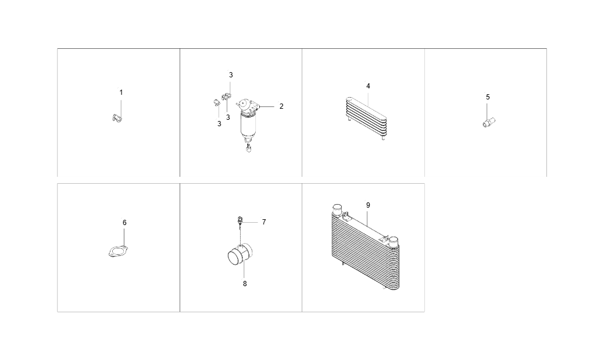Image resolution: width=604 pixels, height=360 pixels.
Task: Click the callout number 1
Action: point(121,92)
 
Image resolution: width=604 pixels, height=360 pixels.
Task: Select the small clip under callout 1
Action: point(117,119)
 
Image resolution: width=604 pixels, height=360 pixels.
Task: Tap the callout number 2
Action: point(281,106)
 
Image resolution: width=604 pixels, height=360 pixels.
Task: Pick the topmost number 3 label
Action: point(231,75)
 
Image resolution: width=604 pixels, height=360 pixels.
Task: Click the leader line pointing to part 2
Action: point(267,106)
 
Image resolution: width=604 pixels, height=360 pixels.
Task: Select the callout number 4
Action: point(368,86)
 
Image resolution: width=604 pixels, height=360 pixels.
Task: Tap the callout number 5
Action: point(488,97)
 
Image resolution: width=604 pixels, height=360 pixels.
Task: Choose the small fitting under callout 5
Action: point(488,122)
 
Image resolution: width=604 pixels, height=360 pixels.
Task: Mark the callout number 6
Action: point(124,223)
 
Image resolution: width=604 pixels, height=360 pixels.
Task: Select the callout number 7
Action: point(263,222)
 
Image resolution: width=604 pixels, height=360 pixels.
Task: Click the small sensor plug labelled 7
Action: point(239,220)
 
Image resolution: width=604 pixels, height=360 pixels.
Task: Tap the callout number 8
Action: point(245,284)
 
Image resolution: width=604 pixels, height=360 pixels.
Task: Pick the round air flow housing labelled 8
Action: point(238,255)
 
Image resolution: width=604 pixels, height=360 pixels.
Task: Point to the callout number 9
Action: point(368,205)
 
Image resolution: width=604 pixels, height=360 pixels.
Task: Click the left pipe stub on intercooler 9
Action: point(336,209)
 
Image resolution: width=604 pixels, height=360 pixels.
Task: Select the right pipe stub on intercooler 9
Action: point(393,240)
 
